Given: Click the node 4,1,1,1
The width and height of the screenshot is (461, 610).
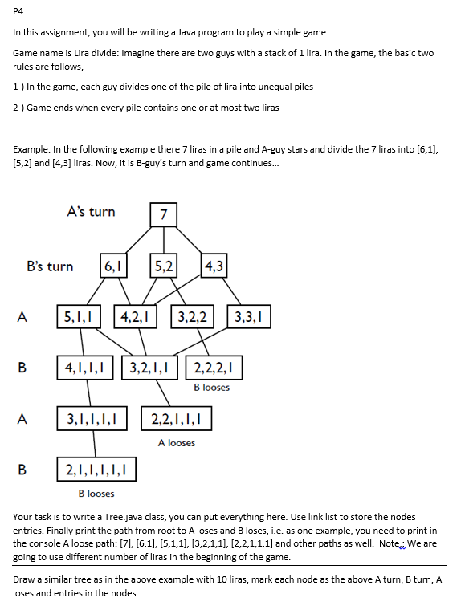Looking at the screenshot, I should pyautogui.click(x=88, y=369).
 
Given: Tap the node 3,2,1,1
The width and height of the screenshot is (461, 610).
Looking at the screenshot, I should pyautogui.click(x=152, y=369).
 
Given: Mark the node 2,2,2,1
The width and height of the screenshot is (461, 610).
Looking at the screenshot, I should pyautogui.click(x=213, y=369).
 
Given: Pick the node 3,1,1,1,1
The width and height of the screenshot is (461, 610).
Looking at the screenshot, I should pyautogui.click(x=95, y=418).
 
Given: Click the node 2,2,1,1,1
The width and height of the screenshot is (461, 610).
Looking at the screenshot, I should pyautogui.click(x=177, y=418).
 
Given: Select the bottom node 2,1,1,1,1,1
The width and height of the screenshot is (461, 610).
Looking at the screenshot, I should pyautogui.click(x=96, y=468).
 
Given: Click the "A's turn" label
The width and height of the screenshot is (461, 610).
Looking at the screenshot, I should pyautogui.click(x=91, y=212).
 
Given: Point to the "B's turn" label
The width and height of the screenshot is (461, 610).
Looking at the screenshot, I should pyautogui.click(x=50, y=266).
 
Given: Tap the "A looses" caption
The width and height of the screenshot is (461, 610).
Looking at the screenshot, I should pyautogui.click(x=177, y=442).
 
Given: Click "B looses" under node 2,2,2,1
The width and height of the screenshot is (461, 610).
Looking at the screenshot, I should pyautogui.click(x=212, y=388).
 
